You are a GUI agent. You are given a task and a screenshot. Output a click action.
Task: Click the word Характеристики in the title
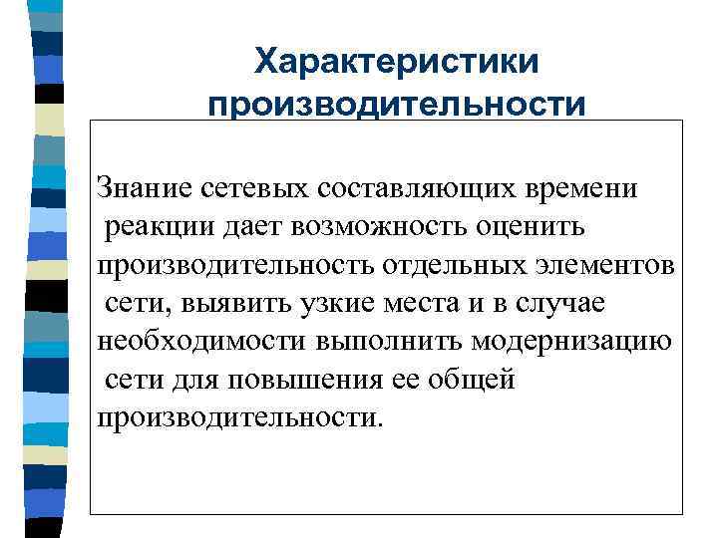(x=396, y=62)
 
